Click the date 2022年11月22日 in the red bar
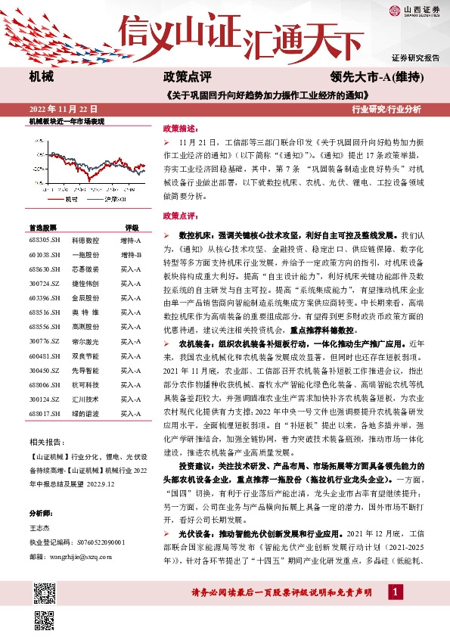[63, 109]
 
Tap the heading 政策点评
[182, 76]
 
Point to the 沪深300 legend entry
[106, 199]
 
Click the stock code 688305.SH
[45, 240]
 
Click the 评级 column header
[132, 227]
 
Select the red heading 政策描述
[179, 129]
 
